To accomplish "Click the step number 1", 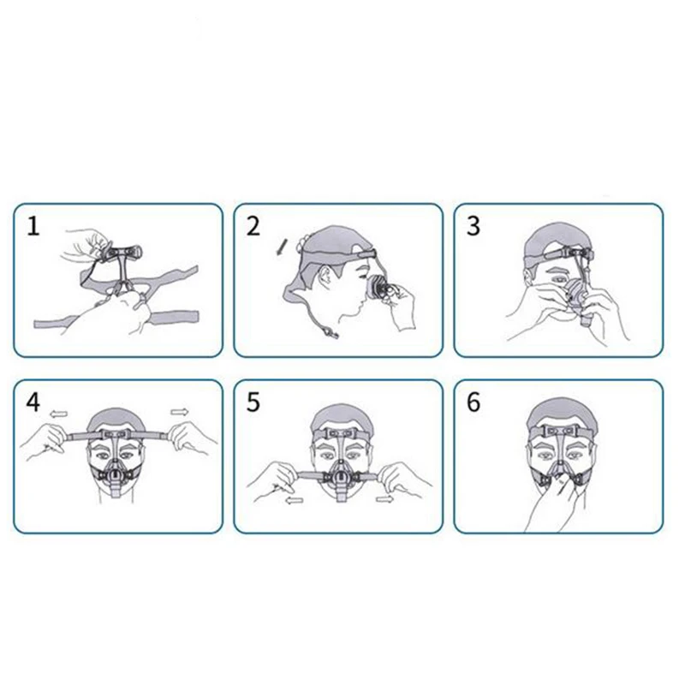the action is tap(33, 227).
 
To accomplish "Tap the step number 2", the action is tap(253, 227).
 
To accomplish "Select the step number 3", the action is tap(474, 227).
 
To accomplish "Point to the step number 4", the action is tap(33, 402).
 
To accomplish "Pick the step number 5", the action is tap(253, 402).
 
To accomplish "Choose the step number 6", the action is tap(474, 402).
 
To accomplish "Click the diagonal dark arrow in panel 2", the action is tap(281, 248).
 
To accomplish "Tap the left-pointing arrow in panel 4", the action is tap(58, 414).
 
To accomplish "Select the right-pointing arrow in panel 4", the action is tap(179, 412).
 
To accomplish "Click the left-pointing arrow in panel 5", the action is tap(295, 501).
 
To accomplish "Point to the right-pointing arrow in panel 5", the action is tap(384, 498).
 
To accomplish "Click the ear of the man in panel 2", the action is tap(325, 277).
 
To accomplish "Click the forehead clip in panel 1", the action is tap(123, 253).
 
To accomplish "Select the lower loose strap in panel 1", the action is tap(116, 320).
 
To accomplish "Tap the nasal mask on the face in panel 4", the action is tap(115, 475).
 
